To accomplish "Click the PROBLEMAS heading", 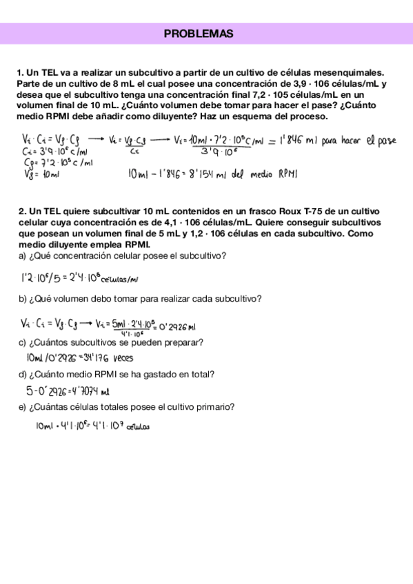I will (199, 34).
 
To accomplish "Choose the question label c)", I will (23, 342).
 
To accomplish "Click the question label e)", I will (23, 407).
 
